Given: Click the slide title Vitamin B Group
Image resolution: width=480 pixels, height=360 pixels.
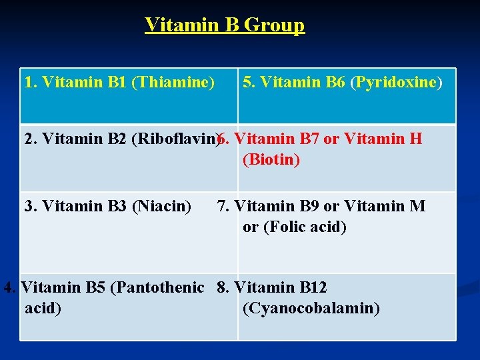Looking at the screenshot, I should pyautogui.click(x=225, y=25).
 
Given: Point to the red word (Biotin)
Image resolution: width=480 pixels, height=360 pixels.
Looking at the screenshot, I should pyautogui.click(x=271, y=160).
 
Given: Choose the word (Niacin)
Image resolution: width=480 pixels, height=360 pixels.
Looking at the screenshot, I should pyautogui.click(x=162, y=206).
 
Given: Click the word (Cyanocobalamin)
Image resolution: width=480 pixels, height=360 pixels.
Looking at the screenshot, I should pyautogui.click(x=311, y=309).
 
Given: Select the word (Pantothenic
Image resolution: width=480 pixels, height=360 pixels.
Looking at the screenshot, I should pyautogui.click(x=157, y=287).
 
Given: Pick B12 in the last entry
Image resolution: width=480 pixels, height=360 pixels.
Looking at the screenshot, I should pyautogui.click(x=313, y=287).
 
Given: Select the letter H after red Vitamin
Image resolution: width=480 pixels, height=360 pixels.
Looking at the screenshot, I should pyautogui.click(x=416, y=139).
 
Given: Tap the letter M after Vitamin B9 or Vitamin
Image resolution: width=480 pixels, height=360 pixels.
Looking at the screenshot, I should pyautogui.click(x=417, y=206).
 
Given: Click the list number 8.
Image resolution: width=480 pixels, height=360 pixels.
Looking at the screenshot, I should pyautogui.click(x=221, y=287).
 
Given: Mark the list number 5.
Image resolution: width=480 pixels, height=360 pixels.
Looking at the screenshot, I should pyautogui.click(x=247, y=82).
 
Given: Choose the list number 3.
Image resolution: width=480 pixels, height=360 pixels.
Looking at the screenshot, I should pyautogui.click(x=29, y=206).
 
